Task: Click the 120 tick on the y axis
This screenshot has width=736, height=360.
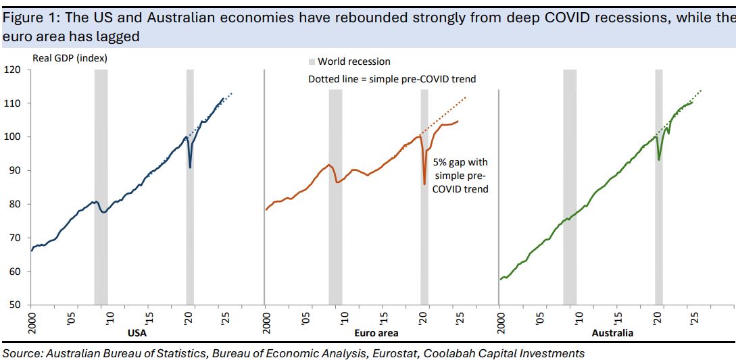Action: [x=15, y=70]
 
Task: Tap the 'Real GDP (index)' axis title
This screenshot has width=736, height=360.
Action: [x=70, y=58]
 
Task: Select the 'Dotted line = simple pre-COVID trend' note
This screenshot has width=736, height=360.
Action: [x=392, y=79]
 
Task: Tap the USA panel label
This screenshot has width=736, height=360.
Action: [x=137, y=333]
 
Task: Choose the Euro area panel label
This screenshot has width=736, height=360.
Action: [x=376, y=333]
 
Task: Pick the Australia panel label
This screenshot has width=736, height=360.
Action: [x=612, y=333]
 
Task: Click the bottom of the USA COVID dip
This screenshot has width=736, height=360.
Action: [x=190, y=167]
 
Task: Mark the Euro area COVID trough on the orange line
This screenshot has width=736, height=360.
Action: [x=424, y=184]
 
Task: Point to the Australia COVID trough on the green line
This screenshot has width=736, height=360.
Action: [x=659, y=159]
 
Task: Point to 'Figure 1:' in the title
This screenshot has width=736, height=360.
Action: [x=28, y=17]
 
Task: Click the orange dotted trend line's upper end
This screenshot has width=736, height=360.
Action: [x=466, y=98]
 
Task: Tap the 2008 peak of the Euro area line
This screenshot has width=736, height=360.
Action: [x=328, y=165]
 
